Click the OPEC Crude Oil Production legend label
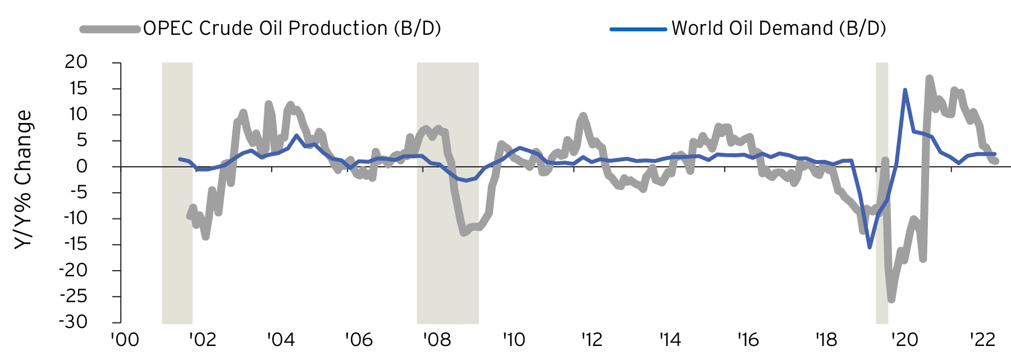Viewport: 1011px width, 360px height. tap(292, 28)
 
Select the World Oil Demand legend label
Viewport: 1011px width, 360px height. tap(779, 28)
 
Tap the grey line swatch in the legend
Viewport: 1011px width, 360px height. tap(110, 29)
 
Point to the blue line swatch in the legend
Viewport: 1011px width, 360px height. tap(638, 29)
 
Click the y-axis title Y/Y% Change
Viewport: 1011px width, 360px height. tap(24, 180)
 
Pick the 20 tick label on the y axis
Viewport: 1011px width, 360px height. tap(76, 62)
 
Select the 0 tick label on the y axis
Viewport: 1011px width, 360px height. tap(83, 166)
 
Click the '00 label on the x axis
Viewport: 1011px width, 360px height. tap(125, 340)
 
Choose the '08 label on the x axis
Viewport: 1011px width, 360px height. tap(437, 340)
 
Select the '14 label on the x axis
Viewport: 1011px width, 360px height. tap(670, 340)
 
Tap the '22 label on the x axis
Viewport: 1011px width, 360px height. tap(982, 340)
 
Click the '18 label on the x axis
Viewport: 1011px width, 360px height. tap(826, 340)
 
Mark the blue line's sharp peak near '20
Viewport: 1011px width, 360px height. tap(905, 90)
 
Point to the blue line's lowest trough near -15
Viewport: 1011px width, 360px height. tap(870, 247)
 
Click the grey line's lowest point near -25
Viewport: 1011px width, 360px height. tap(891, 299)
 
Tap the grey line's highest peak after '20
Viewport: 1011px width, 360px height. tap(929, 78)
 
